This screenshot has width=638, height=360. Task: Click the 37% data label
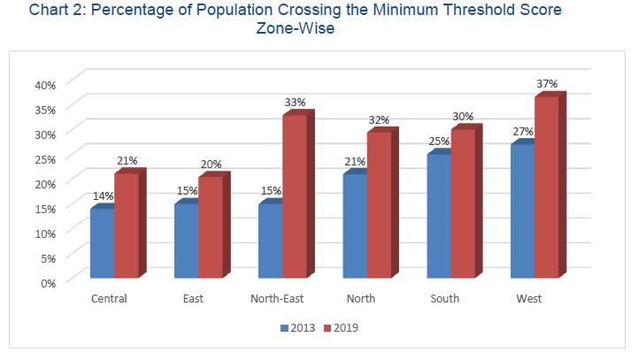coord(547,84)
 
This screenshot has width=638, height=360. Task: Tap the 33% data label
coord(295,103)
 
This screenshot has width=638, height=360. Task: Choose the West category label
coord(529,299)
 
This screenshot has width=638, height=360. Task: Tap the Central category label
coord(109,299)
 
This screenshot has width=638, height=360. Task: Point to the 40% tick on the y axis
coord(45,85)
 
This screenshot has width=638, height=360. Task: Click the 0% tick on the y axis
coord(48,282)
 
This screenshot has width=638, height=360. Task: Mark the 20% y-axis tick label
coord(45,183)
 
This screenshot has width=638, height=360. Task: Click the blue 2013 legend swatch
coord(285,328)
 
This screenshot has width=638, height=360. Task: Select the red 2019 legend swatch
coord(327,328)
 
